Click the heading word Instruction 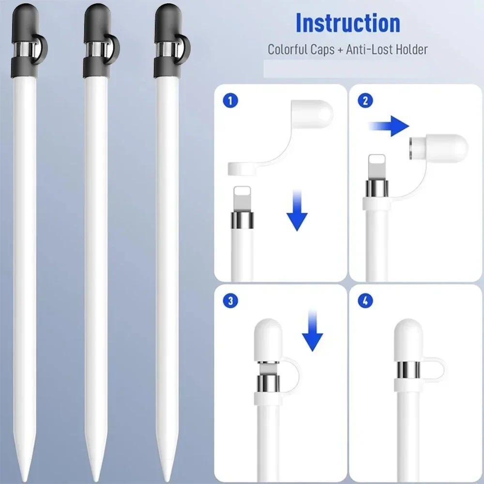tap(348, 23)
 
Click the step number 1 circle tap(230, 101)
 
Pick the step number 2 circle tap(365, 101)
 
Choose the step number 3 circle tap(230, 300)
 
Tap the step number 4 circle tap(365, 300)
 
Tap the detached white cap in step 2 tap(438, 148)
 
